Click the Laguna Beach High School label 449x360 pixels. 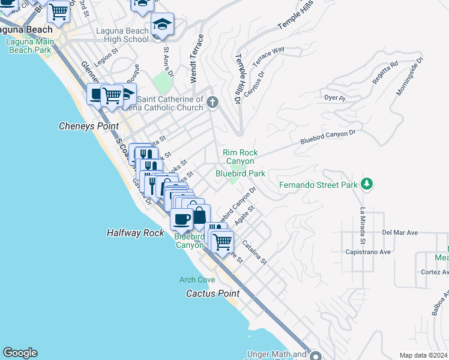click(122, 35)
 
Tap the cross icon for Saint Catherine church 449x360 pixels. click(211, 103)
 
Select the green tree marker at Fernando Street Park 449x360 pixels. click(366, 184)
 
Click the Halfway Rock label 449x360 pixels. click(135, 233)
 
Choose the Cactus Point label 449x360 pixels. click(212, 293)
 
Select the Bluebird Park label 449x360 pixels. click(240, 173)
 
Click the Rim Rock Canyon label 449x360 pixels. click(240, 157)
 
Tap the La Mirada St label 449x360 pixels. click(363, 226)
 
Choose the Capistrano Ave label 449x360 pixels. click(367, 253)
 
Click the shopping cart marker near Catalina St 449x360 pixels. click(222, 242)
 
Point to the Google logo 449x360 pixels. click(20, 353)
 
